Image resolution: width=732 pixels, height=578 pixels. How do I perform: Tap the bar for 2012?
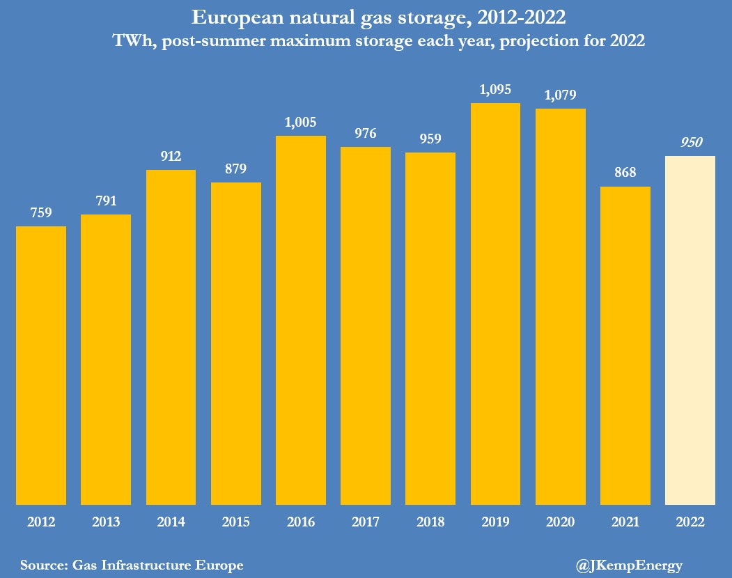41,365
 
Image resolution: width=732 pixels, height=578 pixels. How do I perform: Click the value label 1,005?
301,122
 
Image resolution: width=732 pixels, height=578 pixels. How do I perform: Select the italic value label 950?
690,142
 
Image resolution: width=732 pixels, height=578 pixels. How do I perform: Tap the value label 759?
41,212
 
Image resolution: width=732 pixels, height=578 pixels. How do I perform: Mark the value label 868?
625,173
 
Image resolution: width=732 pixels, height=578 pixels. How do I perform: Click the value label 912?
171,156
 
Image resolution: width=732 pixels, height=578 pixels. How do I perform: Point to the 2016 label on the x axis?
301,522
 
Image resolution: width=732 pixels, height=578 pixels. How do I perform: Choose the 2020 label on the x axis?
561,522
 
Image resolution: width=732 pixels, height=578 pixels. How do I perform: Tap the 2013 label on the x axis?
106,522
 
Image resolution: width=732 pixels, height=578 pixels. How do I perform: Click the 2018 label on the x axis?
430,522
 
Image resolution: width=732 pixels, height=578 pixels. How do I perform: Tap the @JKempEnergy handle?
629,565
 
